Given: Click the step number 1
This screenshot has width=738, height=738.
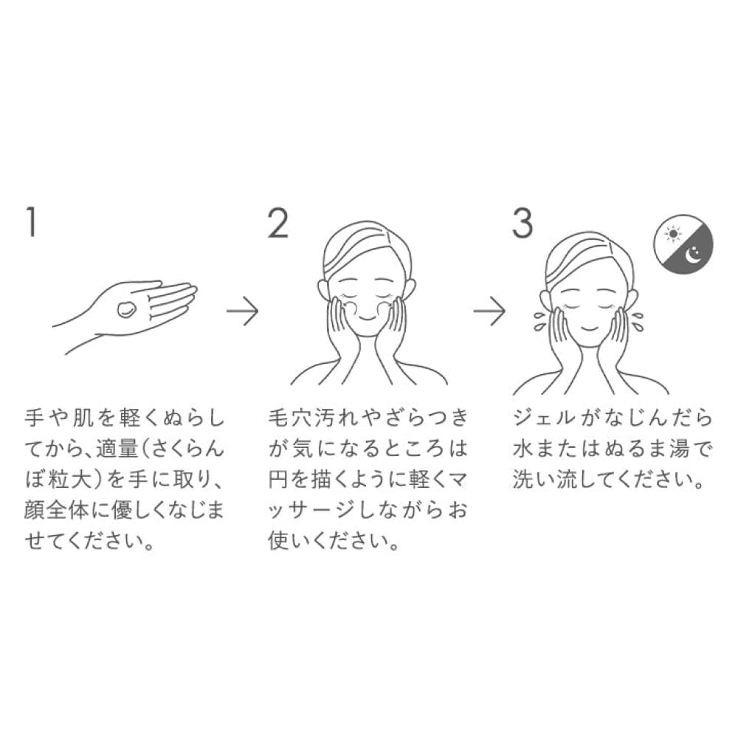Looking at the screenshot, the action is coord(31,222).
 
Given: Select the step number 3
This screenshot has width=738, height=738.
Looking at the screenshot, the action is coord(523,222).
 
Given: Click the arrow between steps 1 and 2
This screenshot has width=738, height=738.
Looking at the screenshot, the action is coord(242,311).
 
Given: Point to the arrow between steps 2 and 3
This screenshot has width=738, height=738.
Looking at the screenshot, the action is coord(489,311).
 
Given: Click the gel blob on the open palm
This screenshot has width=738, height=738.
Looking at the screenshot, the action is coord(127,309).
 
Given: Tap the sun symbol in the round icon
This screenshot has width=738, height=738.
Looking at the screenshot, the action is coord(674,233).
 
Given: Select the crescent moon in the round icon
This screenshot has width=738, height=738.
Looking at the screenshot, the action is coord(693,255).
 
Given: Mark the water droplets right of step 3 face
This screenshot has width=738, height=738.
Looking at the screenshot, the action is coord(638,320).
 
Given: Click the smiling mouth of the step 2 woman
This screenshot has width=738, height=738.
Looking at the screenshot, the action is coord(367,318).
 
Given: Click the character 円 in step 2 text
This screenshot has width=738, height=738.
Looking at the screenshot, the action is coord(279,480).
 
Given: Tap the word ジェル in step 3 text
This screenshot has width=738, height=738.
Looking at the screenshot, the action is coord(544,418).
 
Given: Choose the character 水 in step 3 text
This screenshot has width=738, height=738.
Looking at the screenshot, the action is coord(523,449).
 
